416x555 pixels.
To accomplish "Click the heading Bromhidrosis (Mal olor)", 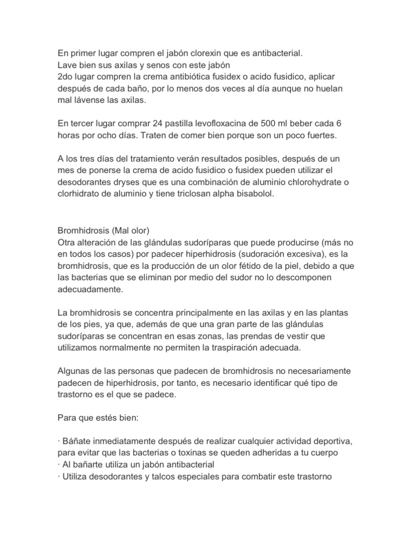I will pos(103,229).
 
